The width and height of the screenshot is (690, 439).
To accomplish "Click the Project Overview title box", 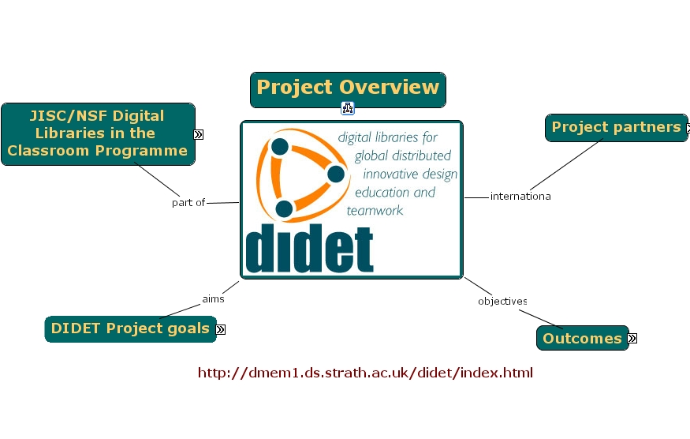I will coord(348,89).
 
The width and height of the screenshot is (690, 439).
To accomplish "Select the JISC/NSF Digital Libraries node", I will coord(98,133).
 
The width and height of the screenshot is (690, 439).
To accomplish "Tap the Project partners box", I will coord(616,127).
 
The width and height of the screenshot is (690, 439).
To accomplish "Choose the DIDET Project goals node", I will coord(130,328).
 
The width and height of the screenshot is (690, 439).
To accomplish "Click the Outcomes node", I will coord(582,339).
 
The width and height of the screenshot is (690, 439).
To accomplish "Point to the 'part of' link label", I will coord(188,203).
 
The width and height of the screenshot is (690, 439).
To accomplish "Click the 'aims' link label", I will coord(213,299).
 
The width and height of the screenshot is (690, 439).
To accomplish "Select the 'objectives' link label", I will coord(502,302).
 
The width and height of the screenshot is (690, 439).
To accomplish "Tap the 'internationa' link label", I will coord(520,197).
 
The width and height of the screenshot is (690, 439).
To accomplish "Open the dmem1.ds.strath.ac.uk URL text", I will coord(365,373).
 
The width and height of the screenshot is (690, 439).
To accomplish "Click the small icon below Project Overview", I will coord(348,108).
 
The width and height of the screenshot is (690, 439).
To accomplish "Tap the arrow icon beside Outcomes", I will coord(632,339).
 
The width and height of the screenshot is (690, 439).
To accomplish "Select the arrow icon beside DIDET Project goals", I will coord(221,329).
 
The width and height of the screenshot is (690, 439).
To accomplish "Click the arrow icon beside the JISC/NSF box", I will coord(199,134).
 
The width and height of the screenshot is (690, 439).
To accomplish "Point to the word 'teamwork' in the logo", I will coord(375,211).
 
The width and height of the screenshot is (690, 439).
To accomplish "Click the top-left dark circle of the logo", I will coord(280,147).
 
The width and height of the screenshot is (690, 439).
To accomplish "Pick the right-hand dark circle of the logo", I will coord(335,174).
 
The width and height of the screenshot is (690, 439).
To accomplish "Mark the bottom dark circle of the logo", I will coord(284,209).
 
